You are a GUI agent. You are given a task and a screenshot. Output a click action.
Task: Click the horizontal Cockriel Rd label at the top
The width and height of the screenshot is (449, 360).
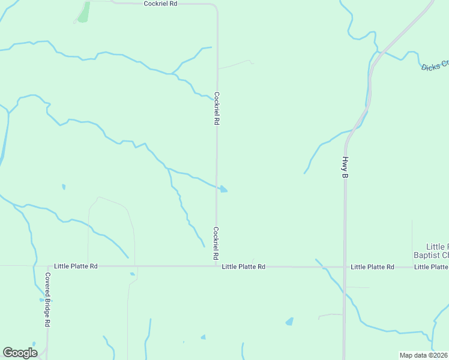pyautogui.click(x=161, y=4)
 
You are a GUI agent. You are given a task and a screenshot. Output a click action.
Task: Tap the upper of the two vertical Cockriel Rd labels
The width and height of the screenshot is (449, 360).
pyautogui.click(x=217, y=108)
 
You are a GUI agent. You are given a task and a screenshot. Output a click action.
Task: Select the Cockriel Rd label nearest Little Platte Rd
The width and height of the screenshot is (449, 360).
pyautogui.click(x=216, y=244)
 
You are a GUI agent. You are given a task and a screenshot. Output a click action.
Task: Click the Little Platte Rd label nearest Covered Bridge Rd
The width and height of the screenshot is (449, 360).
pyautogui.click(x=76, y=266)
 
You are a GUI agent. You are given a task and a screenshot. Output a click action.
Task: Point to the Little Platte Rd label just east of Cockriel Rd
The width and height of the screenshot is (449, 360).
pyautogui.click(x=243, y=266)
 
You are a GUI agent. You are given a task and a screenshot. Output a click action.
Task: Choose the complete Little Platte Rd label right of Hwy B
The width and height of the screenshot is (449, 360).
pyautogui.click(x=372, y=266)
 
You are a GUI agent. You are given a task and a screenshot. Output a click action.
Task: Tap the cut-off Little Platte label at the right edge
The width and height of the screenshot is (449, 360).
pyautogui.click(x=431, y=266)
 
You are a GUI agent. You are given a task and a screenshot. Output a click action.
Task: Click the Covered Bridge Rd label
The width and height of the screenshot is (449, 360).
pyautogui.click(x=47, y=300)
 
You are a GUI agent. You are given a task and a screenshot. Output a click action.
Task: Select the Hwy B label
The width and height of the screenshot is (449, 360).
pyautogui.click(x=345, y=167)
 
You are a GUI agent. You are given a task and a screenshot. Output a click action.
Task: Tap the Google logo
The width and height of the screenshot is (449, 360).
pyautogui.click(x=20, y=353)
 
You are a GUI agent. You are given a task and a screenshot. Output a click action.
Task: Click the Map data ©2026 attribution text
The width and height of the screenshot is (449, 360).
pyautogui.click(x=423, y=355)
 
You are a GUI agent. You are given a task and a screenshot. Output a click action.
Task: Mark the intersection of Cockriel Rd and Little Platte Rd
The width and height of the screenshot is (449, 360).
pyautogui.click(x=217, y=266)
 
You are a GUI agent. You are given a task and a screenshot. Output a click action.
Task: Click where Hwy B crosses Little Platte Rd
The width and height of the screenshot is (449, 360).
pyautogui.click(x=344, y=266)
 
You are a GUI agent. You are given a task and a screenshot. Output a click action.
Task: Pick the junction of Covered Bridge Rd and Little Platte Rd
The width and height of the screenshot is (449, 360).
pyautogui.click(x=48, y=266)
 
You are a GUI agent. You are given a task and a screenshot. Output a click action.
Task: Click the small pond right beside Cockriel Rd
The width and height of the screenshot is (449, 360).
pyautogui.click(x=223, y=190)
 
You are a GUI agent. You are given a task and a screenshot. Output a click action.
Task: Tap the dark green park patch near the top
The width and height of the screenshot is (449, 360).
pyautogui.click(x=84, y=12)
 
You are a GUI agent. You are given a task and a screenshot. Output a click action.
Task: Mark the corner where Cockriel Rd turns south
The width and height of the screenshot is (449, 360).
pyautogui.click(x=215, y=5)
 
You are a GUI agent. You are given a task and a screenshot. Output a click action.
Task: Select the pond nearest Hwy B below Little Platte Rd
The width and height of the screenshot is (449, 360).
pyautogui.click(x=290, y=322)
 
